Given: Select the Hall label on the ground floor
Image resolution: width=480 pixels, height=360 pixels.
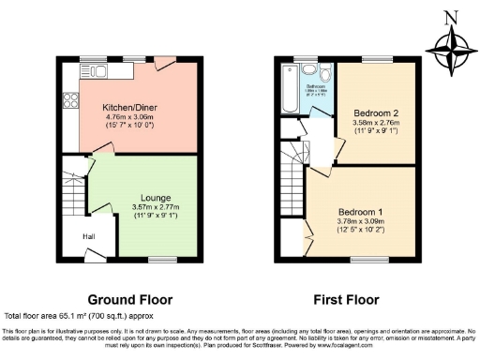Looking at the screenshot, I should (90, 236).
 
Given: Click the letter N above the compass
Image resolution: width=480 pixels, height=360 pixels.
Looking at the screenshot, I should (449, 15).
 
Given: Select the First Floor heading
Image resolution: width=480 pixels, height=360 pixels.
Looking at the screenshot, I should (348, 300).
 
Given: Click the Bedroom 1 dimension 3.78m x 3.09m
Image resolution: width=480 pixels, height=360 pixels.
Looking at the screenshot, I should (358, 220).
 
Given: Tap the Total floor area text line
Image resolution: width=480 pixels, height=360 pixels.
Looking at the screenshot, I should (92, 317).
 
